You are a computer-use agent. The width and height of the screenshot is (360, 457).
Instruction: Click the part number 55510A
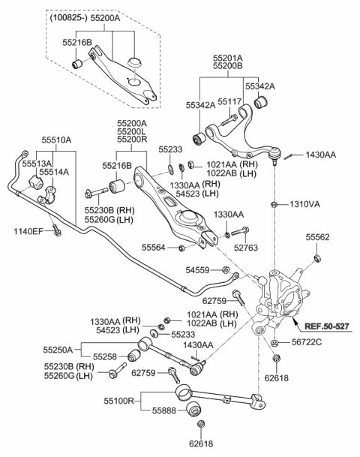[56, 140]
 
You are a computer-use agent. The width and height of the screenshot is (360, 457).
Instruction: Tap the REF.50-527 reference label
[326, 326]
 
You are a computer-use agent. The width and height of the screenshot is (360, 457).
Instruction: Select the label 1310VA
[304, 204]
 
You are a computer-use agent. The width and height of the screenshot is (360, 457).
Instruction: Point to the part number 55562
[317, 237]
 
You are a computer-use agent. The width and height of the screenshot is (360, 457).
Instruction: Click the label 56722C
[307, 342]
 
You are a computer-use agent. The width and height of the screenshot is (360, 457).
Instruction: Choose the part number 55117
[229, 101]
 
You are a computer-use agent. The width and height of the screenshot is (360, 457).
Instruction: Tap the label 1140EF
[28, 232]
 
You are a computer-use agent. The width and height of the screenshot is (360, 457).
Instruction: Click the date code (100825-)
[69, 18]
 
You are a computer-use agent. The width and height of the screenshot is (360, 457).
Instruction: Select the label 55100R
[118, 401]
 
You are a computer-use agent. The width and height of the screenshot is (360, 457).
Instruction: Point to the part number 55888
[164, 410]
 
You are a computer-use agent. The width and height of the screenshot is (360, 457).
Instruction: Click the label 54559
[197, 270]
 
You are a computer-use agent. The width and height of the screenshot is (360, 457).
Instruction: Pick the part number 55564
[154, 248]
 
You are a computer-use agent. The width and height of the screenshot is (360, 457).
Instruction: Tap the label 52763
[246, 248]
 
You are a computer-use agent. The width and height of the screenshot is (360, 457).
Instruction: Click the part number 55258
[105, 356]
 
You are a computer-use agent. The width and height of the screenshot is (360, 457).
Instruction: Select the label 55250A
[58, 350]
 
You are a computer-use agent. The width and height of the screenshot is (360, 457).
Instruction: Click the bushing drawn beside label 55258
[133, 354]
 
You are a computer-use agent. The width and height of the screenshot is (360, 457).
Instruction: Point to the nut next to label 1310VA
[274, 203]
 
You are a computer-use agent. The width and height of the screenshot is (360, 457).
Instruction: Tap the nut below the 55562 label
[317, 257]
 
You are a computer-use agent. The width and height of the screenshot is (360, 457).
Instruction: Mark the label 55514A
[54, 172]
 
